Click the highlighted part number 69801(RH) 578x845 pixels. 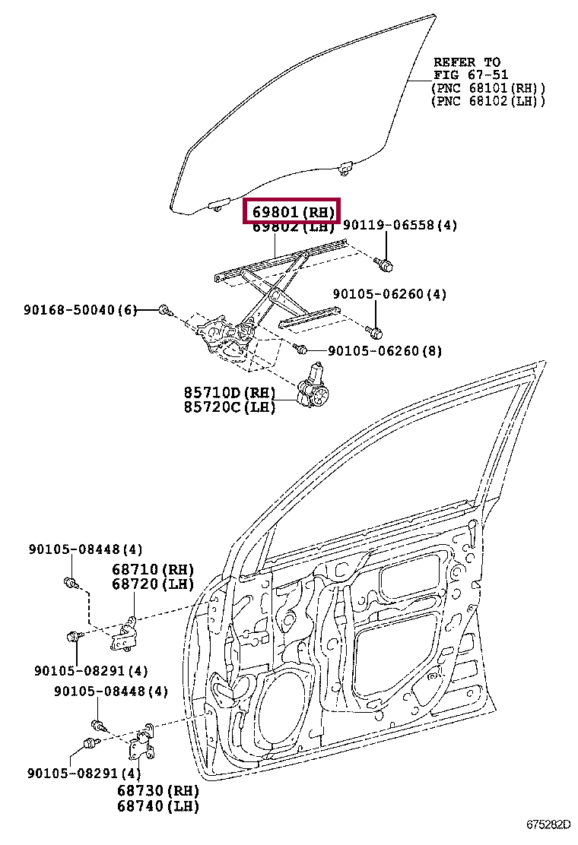click(291, 211)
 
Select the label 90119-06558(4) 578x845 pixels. click(400, 226)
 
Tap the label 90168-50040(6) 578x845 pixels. click(80, 309)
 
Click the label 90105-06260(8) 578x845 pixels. click(385, 350)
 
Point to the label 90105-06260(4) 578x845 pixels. click(389, 294)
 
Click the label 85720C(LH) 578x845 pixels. click(229, 407)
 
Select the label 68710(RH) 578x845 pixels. click(152, 569)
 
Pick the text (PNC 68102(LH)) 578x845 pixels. click(487, 100)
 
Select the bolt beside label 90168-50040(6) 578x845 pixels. click(164, 310)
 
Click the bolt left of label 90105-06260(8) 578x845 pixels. click(300, 350)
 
